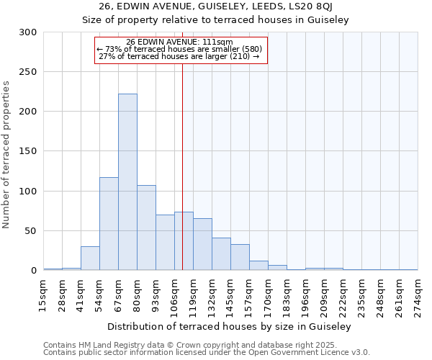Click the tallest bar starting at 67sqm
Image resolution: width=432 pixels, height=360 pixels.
(x=127, y=182)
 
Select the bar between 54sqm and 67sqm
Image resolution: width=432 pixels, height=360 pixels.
(x=109, y=223)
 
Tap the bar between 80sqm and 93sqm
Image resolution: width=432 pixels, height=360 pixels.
(x=146, y=228)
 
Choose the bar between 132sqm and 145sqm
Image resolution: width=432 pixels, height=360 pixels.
(x=221, y=253)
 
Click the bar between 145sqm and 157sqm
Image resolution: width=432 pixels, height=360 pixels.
(x=240, y=257)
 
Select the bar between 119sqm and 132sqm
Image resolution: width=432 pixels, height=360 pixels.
(x=202, y=244)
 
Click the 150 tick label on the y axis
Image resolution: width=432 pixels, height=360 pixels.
(x=28, y=152)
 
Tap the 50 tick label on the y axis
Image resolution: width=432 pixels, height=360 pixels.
(x=31, y=231)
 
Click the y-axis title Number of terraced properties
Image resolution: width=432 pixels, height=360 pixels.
(x=7, y=155)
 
